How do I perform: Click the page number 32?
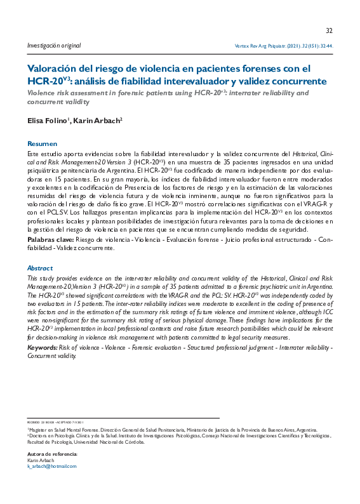tap(329, 31)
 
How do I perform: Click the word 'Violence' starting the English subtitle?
tap(44, 93)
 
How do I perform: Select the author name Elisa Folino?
tap(46, 121)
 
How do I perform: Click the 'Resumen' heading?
tap(43, 144)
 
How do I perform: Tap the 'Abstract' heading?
tap(40, 269)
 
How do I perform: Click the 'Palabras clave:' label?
tap(50, 239)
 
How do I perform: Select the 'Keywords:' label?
tap(43, 348)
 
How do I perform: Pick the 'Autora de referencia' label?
tap(52, 454)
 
